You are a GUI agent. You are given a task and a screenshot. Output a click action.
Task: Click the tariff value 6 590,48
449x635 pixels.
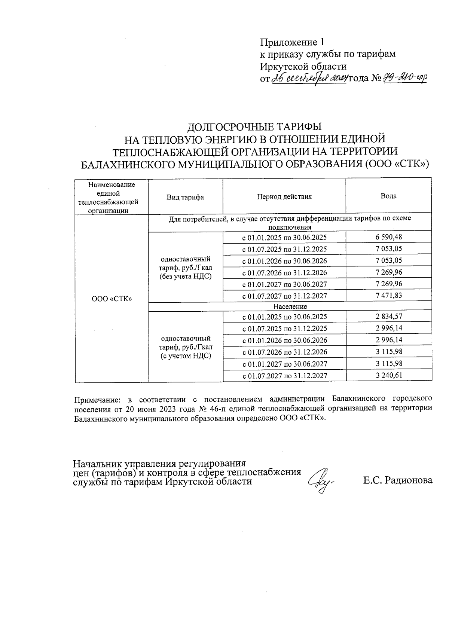click(389, 237)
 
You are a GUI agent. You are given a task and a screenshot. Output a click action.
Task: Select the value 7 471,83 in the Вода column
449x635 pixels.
click(389, 295)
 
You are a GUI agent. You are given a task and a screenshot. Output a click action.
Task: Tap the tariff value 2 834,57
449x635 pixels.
click(389, 316)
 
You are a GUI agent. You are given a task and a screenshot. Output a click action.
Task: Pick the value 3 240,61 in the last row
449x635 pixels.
click(389, 375)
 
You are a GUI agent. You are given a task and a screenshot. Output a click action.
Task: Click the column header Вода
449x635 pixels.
click(388, 196)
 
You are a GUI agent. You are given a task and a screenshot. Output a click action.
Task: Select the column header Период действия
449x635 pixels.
click(284, 196)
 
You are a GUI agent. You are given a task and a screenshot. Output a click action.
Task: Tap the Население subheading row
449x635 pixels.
click(290, 306)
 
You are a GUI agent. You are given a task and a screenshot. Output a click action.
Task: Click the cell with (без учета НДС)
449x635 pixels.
click(185, 277)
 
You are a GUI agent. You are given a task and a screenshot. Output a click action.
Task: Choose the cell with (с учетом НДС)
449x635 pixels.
click(185, 356)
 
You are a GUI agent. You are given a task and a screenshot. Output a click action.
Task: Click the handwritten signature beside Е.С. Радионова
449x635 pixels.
click(321, 481)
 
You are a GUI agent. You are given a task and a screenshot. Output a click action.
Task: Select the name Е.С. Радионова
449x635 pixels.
click(398, 480)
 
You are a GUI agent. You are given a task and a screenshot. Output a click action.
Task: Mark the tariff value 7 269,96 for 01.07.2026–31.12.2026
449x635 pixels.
click(389, 272)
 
